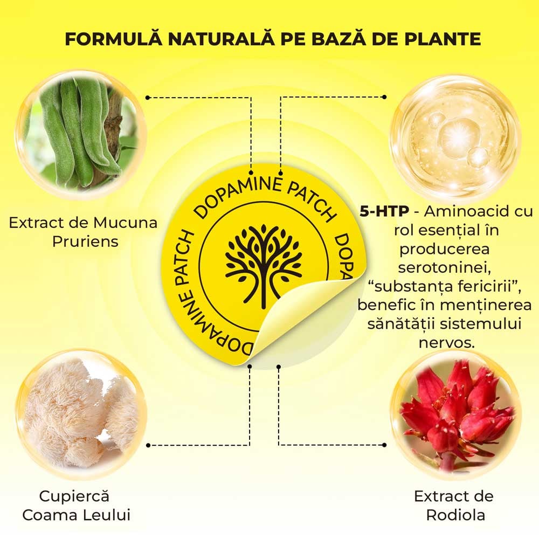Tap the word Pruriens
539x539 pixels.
point(85,240)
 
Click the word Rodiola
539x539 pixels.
point(455,514)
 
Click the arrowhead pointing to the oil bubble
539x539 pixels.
point(384,97)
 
